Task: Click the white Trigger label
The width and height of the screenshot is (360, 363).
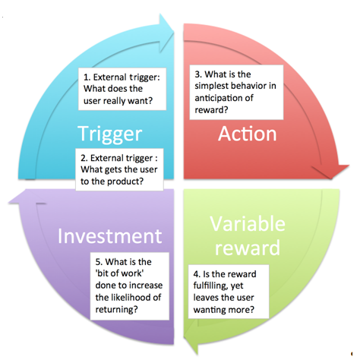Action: pyautogui.click(x=110, y=134)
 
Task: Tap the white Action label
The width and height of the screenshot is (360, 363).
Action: pyautogui.click(x=248, y=134)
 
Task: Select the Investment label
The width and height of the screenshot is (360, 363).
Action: pyautogui.click(x=110, y=236)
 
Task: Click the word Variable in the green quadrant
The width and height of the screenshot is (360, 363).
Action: pyautogui.click(x=248, y=224)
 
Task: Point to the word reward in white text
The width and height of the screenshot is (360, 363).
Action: pyautogui.click(x=248, y=248)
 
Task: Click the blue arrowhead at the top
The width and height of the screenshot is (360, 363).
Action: pyautogui.click(x=166, y=25)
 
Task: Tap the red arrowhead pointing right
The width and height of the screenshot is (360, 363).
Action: pyautogui.click(x=336, y=172)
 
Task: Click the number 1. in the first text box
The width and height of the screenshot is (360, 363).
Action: pyautogui.click(x=87, y=77)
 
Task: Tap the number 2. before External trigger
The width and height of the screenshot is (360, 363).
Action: pyautogui.click(x=84, y=158)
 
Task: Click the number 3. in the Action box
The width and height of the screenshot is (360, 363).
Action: pyautogui.click(x=198, y=74)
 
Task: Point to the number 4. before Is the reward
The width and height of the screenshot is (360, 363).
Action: pyautogui.click(x=197, y=274)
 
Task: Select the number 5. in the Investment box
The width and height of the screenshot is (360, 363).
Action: pyautogui.click(x=99, y=262)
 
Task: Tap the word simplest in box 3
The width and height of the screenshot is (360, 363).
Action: pyautogui.click(x=212, y=86)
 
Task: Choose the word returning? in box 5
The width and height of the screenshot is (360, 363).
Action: pyautogui.click(x=117, y=310)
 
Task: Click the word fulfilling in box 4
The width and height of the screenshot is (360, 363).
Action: pyautogui.click(x=210, y=286)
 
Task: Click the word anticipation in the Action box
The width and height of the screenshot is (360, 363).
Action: pyautogui.click(x=220, y=98)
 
